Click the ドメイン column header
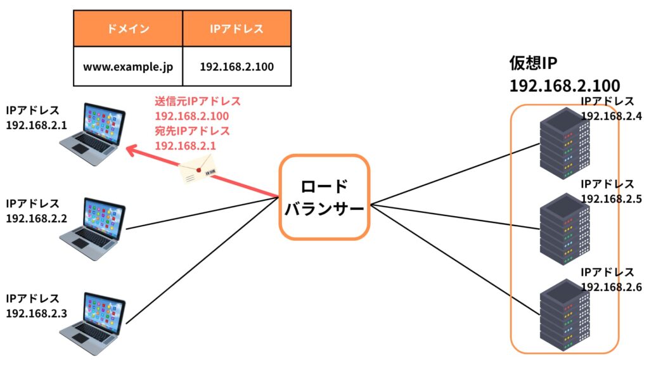tap(128, 29)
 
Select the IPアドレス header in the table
tap(237, 29)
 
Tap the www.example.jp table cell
tap(128, 66)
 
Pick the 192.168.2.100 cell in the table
tap(237, 66)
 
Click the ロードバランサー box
tap(324, 198)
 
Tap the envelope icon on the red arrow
tap(198, 169)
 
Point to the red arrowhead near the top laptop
tap(132, 150)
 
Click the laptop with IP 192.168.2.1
tap(93, 134)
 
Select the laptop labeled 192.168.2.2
tap(93, 229)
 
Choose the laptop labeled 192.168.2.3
tap(93, 324)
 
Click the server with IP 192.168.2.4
tap(565, 143)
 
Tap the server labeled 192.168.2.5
tap(565, 229)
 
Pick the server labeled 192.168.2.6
tap(565, 315)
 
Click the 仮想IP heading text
tap(533, 63)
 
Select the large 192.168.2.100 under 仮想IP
tap(565, 86)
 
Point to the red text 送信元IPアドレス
tap(198, 101)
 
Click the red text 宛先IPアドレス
tap(192, 131)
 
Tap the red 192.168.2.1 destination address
tap(186, 146)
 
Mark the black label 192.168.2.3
tap(36, 313)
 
